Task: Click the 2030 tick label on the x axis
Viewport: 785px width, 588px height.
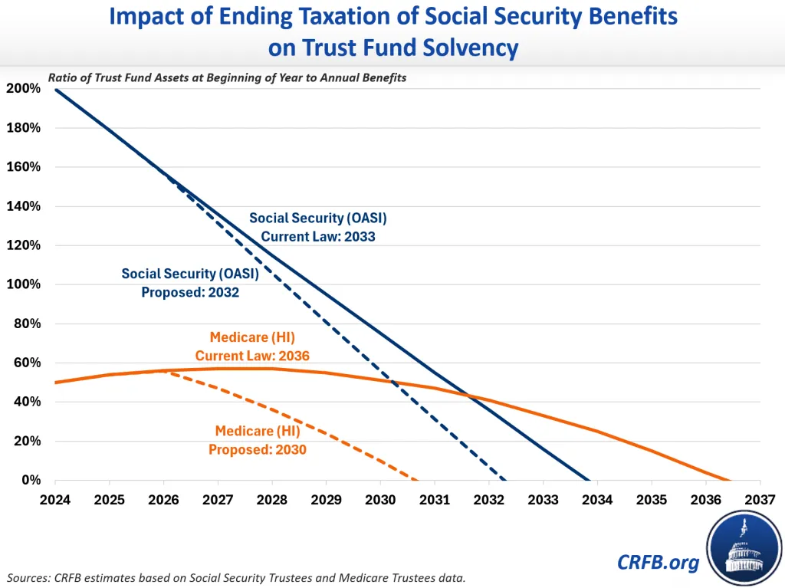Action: [381, 501]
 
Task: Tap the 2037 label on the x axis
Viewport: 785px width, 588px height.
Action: [760, 501]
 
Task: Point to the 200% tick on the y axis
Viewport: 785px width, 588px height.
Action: [25, 89]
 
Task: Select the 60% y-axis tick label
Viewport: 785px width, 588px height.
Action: [28, 363]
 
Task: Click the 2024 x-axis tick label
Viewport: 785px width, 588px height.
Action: [56, 501]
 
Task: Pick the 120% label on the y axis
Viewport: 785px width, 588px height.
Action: [25, 245]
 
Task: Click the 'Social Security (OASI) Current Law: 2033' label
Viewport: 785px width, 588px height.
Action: [318, 228]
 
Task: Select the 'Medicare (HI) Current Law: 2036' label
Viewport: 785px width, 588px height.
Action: [252, 346]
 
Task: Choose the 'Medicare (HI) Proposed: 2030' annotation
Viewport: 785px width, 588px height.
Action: [258, 440]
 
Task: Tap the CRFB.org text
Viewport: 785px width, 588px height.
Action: [658, 563]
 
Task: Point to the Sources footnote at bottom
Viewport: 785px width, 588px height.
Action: [236, 577]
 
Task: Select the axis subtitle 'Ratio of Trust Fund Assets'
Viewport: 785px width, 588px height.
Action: [227, 78]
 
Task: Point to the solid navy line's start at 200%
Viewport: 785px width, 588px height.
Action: [56, 89]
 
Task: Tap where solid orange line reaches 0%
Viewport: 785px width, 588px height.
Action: [730, 481]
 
